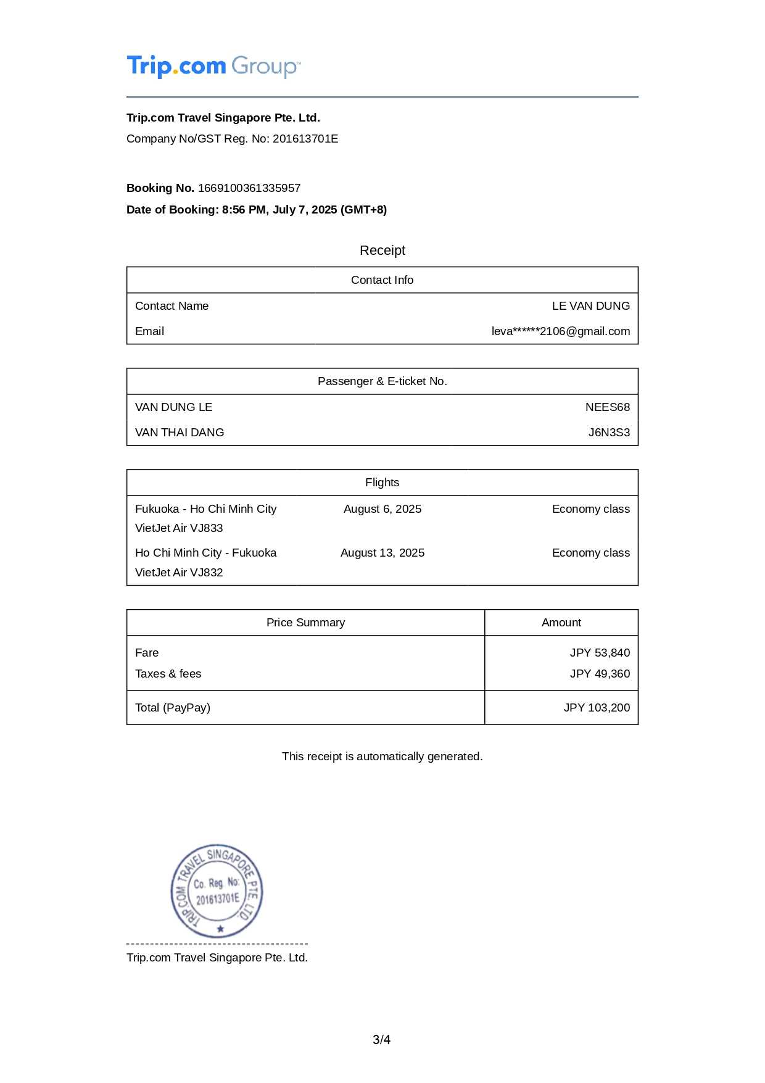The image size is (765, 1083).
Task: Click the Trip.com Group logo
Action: point(213,66)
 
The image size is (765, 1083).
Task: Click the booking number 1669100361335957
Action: point(249,188)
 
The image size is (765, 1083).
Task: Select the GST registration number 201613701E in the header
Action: point(305,139)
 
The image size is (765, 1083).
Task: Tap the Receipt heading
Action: point(382,251)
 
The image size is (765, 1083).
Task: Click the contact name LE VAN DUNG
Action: point(590,306)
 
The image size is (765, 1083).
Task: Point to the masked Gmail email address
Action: point(560,331)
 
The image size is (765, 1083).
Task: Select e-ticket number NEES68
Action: point(607,407)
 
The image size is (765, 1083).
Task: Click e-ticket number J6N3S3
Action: point(608,433)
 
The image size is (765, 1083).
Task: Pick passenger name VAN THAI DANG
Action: point(180,433)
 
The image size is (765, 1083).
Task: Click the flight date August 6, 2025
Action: point(382,509)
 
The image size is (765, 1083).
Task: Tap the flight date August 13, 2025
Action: point(382,553)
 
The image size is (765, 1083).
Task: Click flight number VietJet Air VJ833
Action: point(179,528)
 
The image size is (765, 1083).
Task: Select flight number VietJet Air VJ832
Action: point(179,573)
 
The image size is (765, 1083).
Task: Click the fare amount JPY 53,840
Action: point(600,653)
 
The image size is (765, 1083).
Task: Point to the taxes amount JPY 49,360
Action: point(600,674)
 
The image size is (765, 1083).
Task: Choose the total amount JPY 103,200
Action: point(597,708)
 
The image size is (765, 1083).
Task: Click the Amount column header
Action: point(561,623)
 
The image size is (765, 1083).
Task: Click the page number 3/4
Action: point(381,1040)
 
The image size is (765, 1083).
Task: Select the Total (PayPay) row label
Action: point(173,708)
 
